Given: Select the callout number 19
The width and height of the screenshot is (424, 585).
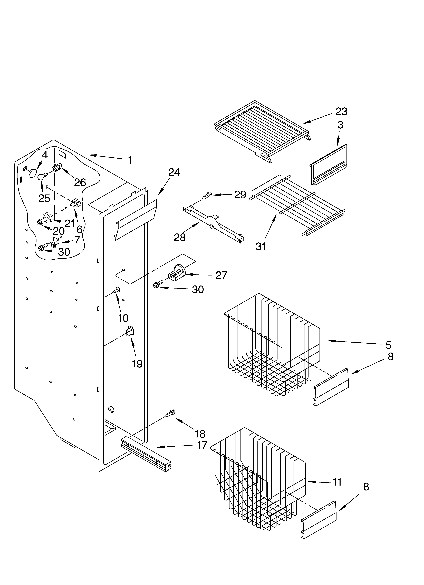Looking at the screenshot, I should click(137, 364).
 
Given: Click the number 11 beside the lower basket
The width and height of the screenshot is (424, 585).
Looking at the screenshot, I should click(337, 482).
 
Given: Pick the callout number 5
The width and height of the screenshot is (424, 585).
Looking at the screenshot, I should click(388, 345).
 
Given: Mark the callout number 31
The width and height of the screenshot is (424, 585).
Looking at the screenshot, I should click(261, 247).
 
